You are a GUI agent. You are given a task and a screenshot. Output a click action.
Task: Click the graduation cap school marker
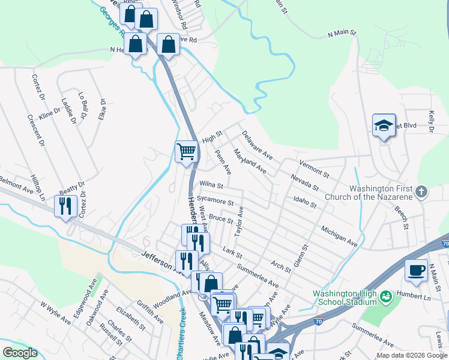pos(384,125)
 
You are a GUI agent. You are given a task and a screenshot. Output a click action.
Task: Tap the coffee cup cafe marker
pos(416,271)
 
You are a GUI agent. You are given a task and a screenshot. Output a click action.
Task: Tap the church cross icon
pos(422,192)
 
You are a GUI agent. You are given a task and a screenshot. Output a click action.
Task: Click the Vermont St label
pos(314,168)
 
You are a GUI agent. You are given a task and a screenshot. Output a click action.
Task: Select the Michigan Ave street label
pos(339,236)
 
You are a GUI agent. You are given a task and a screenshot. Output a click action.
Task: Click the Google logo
pos(20,353)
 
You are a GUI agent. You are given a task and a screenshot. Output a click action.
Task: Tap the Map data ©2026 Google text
pos(411,355)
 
